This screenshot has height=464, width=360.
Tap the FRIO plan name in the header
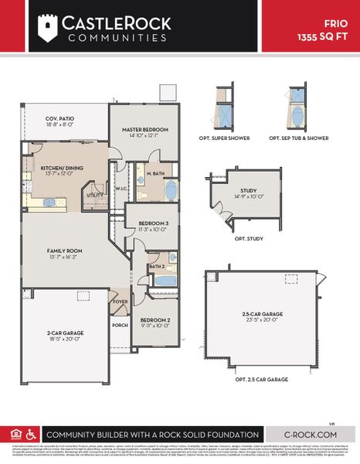[336, 24]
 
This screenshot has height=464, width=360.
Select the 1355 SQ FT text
[324, 36]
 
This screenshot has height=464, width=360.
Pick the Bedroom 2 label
[155, 319]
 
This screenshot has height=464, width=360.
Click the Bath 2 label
[157, 266]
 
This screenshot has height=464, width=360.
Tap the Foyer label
[121, 302]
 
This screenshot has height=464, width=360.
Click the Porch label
[121, 325]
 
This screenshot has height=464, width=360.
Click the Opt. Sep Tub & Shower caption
[297, 138]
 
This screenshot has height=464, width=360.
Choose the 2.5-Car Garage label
[262, 314]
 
